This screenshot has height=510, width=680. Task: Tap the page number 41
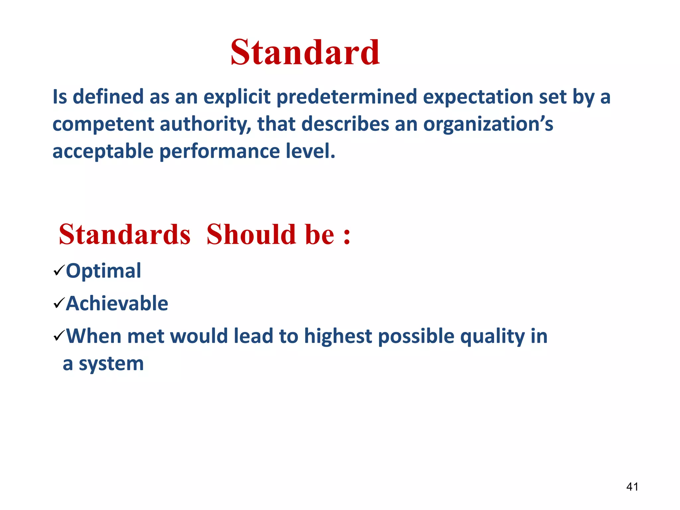632,487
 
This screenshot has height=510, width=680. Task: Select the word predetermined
347,97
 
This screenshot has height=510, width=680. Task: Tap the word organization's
488,125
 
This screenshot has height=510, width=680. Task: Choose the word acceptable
103,151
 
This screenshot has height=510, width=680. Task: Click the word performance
220,151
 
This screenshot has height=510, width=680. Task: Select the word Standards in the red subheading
125,234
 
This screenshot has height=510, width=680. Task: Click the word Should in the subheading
251,234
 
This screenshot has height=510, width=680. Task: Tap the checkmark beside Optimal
58,271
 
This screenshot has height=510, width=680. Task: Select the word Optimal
104,271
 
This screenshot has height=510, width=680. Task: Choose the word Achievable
117,303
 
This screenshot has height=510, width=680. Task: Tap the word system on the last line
111,364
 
